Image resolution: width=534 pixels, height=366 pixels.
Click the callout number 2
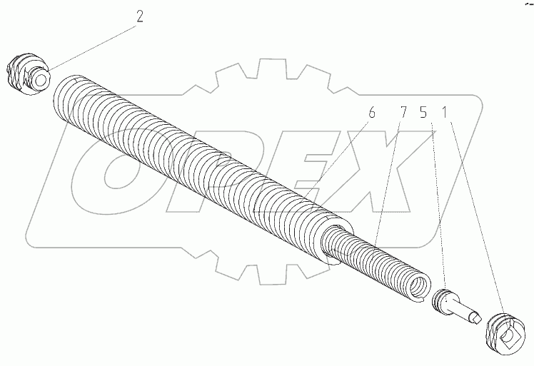pos(140,16)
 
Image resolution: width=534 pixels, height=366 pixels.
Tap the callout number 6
pos(371,112)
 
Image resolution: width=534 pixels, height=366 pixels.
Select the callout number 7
pos(403,112)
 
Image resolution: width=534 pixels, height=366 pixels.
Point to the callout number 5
pos(423,112)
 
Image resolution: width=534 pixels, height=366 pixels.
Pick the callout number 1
pos(445,112)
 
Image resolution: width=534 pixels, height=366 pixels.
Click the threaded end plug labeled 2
pos(28,74)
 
